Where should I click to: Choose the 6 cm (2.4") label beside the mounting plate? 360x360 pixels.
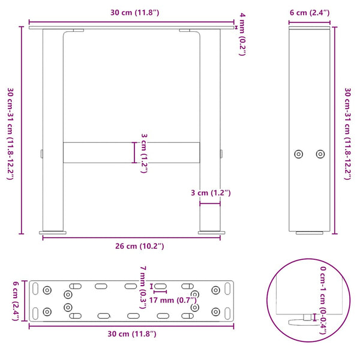click(x=16, y=300)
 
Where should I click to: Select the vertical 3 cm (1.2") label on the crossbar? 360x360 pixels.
click(x=143, y=152)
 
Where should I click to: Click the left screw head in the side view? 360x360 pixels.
click(x=299, y=154)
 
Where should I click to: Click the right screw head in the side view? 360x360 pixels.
click(x=320, y=154)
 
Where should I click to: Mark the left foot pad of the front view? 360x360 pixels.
click(x=53, y=232)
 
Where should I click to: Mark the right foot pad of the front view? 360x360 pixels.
click(x=211, y=232)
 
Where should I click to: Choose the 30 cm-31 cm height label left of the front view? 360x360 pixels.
click(x=11, y=132)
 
